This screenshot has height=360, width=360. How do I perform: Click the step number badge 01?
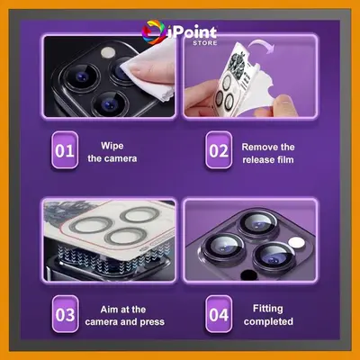(x=65, y=150)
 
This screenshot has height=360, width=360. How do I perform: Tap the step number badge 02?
(x=219, y=150)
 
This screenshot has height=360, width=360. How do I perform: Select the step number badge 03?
(x=65, y=314)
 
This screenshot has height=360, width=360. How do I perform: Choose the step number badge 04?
(x=219, y=314)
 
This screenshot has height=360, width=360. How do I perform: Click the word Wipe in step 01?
(x=112, y=146)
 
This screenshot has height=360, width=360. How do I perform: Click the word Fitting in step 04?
(x=268, y=309)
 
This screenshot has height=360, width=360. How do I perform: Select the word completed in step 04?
(x=268, y=321)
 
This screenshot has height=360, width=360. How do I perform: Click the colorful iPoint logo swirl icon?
(x=153, y=32)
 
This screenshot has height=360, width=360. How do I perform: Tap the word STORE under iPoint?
(x=205, y=43)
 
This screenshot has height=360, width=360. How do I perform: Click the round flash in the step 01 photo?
(x=108, y=52)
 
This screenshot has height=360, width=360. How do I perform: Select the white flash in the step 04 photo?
(x=296, y=242)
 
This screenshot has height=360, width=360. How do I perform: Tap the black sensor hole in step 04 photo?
(x=248, y=274)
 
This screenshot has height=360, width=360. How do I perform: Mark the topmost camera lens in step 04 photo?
(x=258, y=222)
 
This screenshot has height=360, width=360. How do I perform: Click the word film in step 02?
(x=285, y=159)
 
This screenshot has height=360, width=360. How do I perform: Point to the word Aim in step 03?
(x=109, y=310)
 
